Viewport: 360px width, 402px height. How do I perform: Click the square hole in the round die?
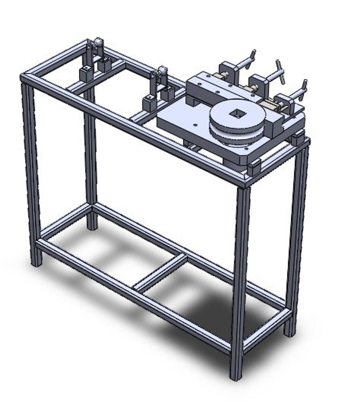(236, 112)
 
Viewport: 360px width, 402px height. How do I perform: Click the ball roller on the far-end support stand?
(98, 42)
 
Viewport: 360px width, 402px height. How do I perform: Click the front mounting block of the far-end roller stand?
(86, 74)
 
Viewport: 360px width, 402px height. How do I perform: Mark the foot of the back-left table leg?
(91, 225)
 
